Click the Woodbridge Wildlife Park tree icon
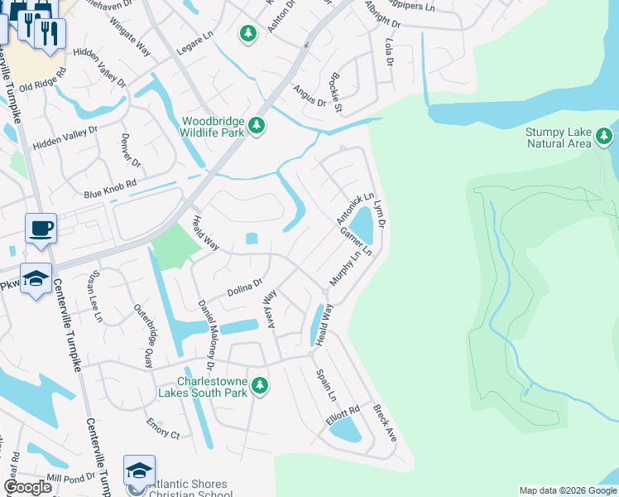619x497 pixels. (x=257, y=125)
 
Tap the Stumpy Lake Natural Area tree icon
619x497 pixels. (x=605, y=135)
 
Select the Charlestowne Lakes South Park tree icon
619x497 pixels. (x=260, y=385)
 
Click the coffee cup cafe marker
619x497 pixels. (x=41, y=228)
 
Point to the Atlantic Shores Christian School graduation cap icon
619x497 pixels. (x=139, y=470)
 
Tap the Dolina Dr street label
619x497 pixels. (x=245, y=287)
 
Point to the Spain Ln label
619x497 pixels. (x=327, y=384)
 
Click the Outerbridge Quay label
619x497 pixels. (x=144, y=334)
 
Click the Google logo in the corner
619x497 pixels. (x=28, y=486)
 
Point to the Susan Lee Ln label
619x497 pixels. (x=97, y=295)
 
